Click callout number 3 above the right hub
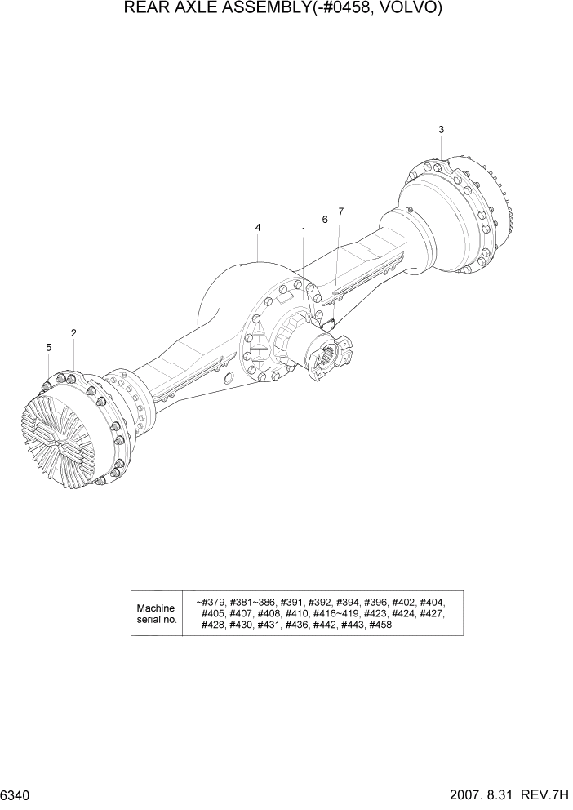pos(441,129)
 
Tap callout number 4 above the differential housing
pos(258,228)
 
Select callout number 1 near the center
pos(304,231)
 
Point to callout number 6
pos(324,220)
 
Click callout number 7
pos(340,211)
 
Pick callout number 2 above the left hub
pos(73,333)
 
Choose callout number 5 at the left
pos(48,348)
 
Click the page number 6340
pos(18,794)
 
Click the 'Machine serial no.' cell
pos(157,614)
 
